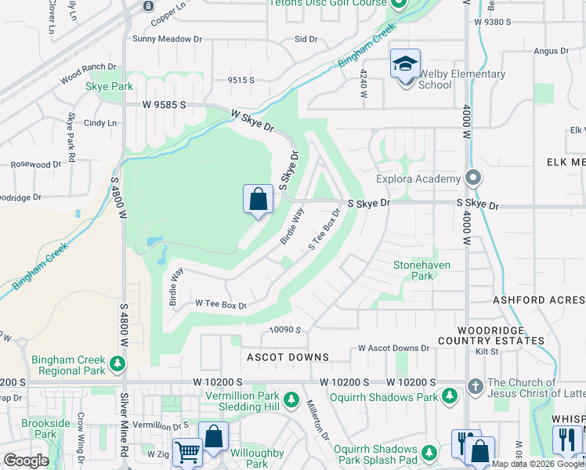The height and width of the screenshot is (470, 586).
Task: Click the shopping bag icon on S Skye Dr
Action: coord(258,201)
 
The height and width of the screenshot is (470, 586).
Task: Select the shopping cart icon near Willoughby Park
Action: coord(187,452)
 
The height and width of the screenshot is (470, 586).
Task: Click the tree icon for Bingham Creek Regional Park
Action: coord(117,363)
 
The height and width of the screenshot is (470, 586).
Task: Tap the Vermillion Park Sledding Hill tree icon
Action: coord(291,400)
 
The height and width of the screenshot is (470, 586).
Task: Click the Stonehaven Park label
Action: coord(422,270)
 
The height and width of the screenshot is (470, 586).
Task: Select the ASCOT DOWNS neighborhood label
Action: coord(288,357)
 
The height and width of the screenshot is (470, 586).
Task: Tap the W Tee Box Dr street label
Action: coord(221,304)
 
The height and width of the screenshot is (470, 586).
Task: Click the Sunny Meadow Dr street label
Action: coord(167,38)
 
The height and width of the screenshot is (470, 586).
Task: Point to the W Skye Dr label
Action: coord(253,120)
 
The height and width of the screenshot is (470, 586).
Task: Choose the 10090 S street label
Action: coord(286,331)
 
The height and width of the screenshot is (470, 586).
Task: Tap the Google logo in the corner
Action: coord(26,461)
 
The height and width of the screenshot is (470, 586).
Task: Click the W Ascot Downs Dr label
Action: coord(394,348)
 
